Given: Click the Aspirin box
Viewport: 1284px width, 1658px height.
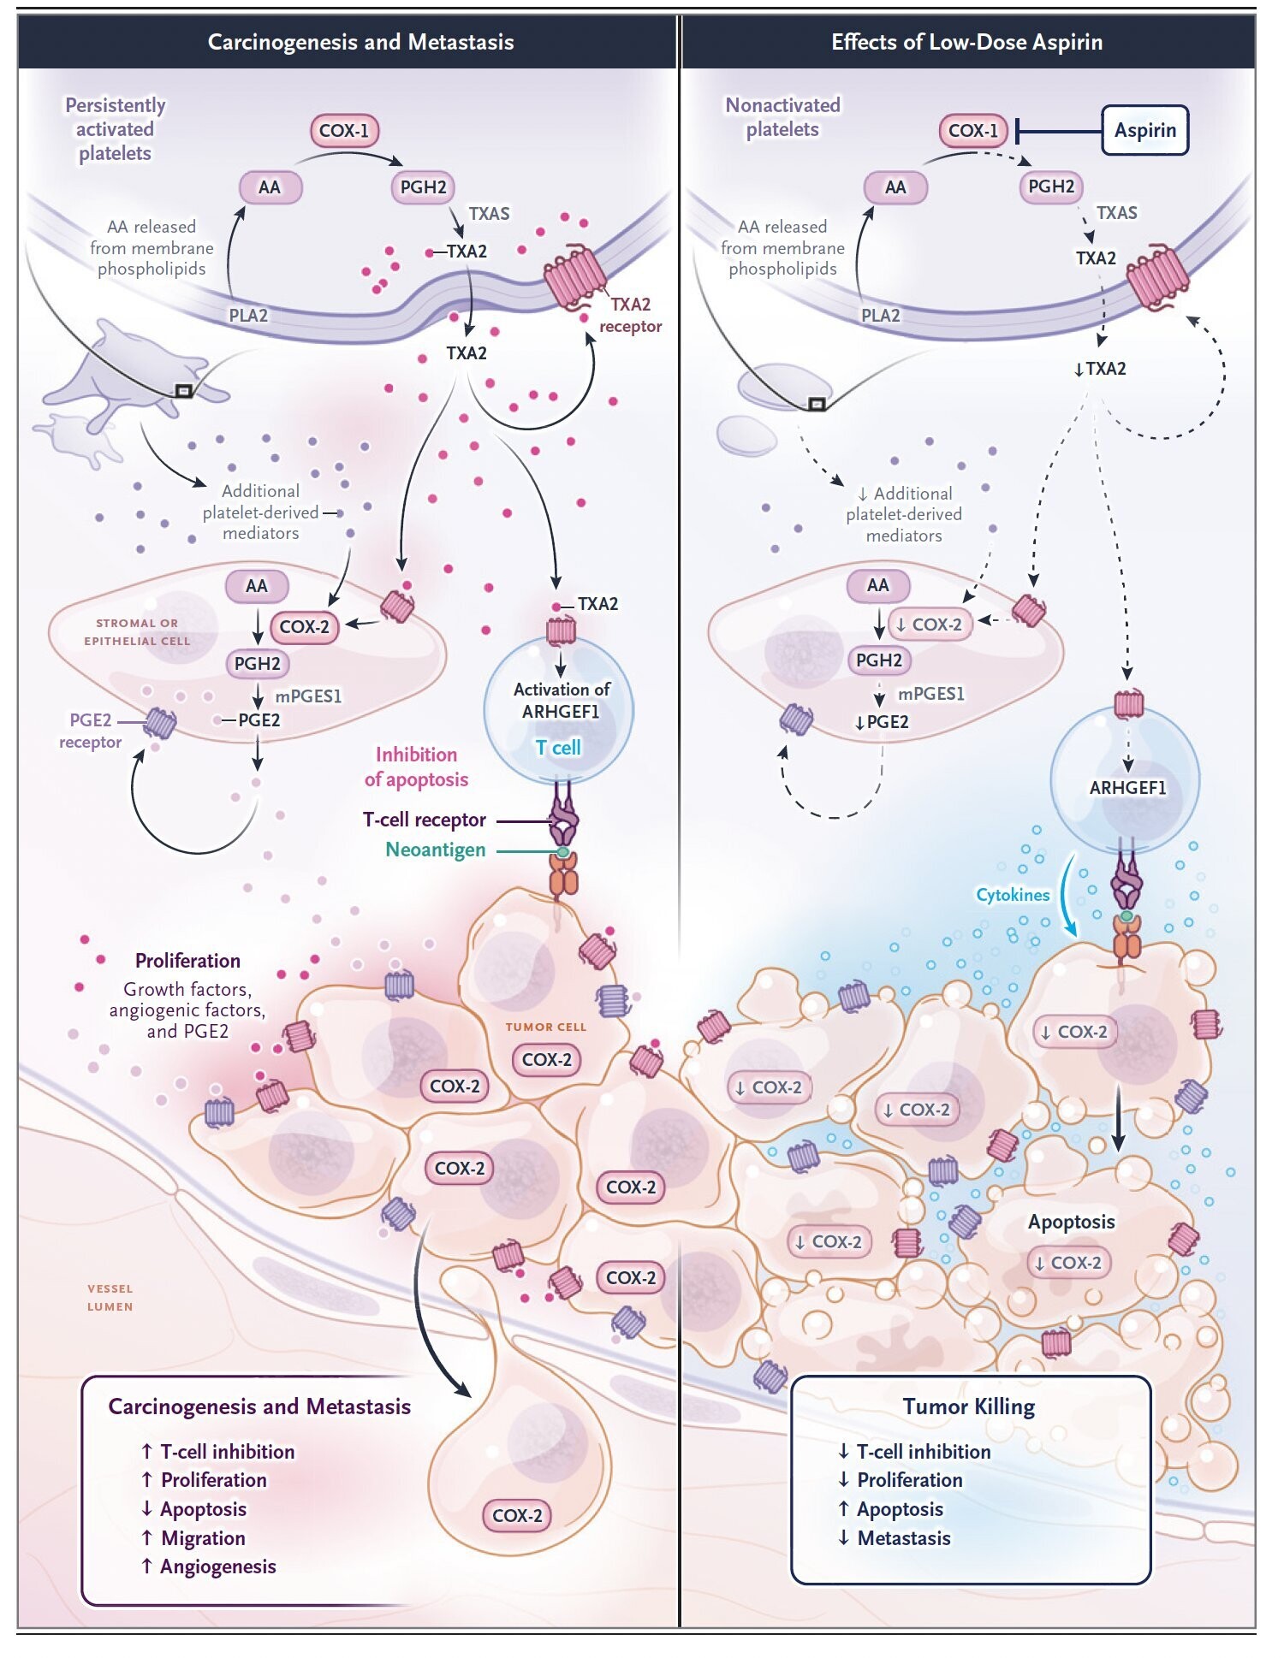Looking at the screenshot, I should click(x=1144, y=130).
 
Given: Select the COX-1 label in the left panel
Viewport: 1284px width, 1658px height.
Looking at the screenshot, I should click(x=344, y=131).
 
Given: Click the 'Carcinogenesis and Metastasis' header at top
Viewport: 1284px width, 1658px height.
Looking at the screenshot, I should click(x=360, y=42).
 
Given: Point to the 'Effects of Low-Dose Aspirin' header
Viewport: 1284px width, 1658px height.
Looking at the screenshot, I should click(x=966, y=42).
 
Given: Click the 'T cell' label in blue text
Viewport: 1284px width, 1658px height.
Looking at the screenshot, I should click(x=558, y=748).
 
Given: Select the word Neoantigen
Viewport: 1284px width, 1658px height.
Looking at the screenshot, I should click(x=436, y=850).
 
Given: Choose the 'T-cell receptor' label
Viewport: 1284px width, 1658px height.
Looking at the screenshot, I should click(x=425, y=820).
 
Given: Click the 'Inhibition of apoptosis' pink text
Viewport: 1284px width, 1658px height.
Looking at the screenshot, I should click(x=416, y=767).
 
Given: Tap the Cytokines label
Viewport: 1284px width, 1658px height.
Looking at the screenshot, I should click(x=1013, y=895).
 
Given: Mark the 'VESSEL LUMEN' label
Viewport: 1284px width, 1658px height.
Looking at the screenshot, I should click(x=110, y=1297).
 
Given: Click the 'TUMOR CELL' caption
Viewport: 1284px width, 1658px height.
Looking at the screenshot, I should click(x=545, y=1027).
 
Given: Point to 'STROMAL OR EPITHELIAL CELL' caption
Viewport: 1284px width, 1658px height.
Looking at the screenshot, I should click(x=137, y=632).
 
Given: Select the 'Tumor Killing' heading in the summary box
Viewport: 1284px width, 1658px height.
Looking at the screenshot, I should click(x=969, y=1406).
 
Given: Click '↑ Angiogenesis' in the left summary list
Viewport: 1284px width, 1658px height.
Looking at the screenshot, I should click(x=209, y=1566).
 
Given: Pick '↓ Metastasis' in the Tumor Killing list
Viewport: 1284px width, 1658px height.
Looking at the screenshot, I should click(x=895, y=1538).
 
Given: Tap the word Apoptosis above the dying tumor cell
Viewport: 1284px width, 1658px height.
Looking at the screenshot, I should click(x=1071, y=1222).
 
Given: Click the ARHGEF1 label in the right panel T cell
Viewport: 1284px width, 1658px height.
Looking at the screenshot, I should click(x=1127, y=788).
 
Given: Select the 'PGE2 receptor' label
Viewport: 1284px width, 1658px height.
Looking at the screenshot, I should click(x=90, y=731).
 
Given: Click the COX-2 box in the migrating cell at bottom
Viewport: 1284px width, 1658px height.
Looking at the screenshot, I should click(x=517, y=1515).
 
